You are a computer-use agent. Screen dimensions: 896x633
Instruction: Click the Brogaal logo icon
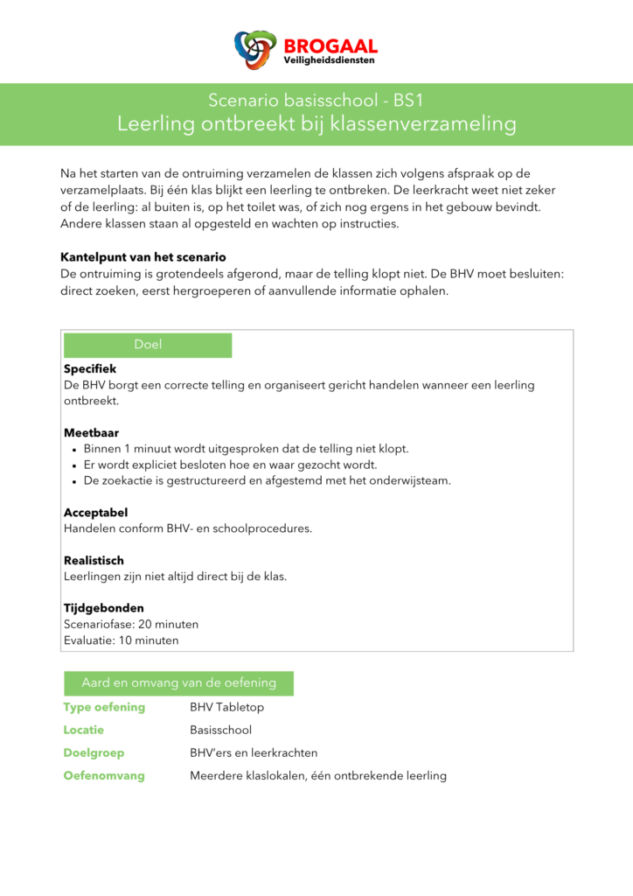click(x=255, y=50)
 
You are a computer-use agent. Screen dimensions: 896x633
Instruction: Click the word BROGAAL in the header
click(x=330, y=45)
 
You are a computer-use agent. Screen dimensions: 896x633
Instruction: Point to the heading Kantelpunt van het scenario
click(x=143, y=257)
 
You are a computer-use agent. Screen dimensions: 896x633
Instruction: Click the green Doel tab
click(x=148, y=345)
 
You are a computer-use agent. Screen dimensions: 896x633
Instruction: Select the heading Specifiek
click(x=90, y=369)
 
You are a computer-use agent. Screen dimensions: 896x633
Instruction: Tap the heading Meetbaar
click(x=91, y=432)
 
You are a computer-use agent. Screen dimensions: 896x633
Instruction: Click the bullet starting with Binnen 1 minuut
click(x=246, y=449)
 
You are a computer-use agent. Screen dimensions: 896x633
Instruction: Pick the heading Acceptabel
click(x=95, y=513)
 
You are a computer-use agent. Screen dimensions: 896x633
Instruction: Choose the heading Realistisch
click(x=94, y=560)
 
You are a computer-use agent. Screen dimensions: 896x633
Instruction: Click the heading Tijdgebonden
click(x=103, y=607)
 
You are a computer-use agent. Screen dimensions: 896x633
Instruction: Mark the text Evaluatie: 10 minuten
click(x=121, y=640)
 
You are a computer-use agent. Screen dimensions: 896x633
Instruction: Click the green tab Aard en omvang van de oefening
click(x=178, y=682)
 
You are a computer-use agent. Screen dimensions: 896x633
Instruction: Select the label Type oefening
click(x=104, y=707)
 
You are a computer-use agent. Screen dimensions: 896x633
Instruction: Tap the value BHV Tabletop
click(x=226, y=707)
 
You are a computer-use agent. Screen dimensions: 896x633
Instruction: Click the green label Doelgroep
click(x=94, y=752)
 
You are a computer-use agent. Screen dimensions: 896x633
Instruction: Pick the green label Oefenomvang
click(x=104, y=775)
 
